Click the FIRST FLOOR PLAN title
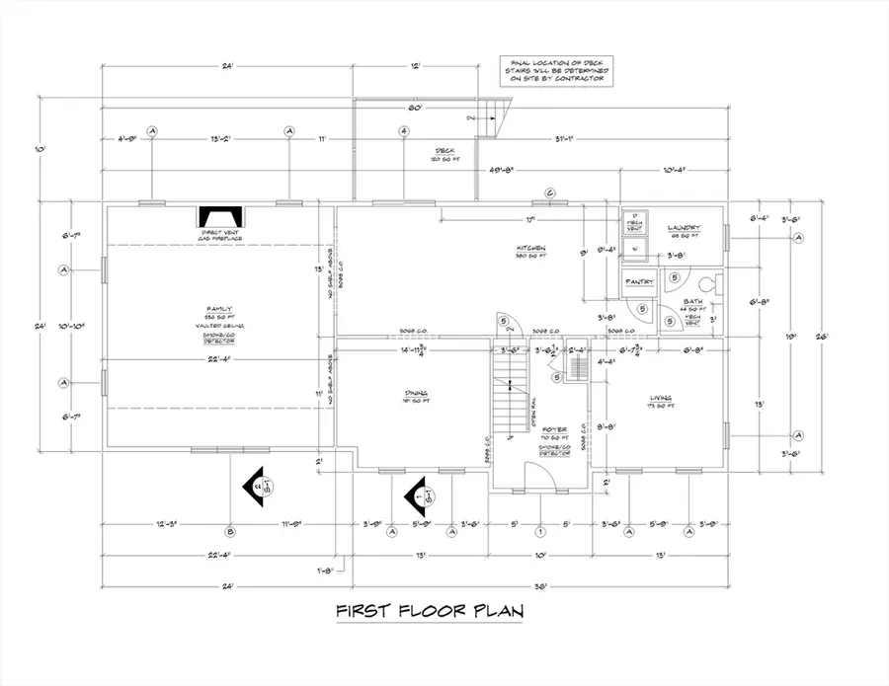[x=428, y=612]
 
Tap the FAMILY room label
[x=213, y=309]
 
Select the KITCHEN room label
[x=532, y=248]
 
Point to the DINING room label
[x=414, y=391]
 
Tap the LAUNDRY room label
[x=683, y=226]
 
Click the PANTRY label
[x=637, y=282]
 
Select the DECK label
[x=443, y=151]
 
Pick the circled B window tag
[x=230, y=531]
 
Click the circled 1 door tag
[x=540, y=531]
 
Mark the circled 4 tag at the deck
[x=404, y=131]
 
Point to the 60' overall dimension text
[x=415, y=107]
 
